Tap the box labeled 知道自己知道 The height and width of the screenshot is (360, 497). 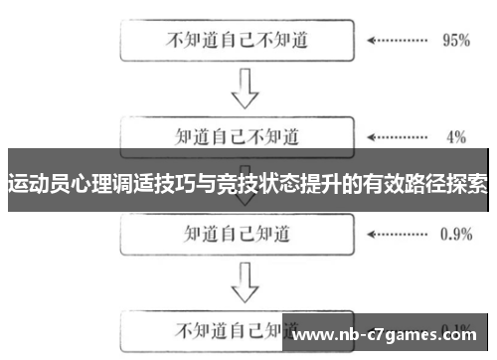(x=240, y=234)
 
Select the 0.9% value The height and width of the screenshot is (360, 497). (x=455, y=235)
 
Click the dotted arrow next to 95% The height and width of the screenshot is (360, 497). (x=397, y=43)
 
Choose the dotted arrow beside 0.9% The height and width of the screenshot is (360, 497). (x=397, y=235)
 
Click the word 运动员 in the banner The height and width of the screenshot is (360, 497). (x=35, y=184)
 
